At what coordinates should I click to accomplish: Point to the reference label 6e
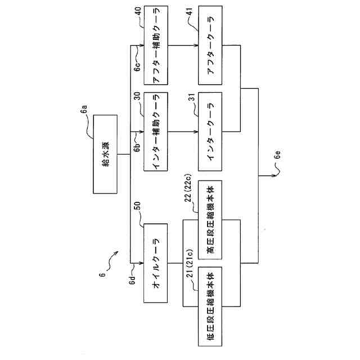pyautogui.click(x=277, y=167)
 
